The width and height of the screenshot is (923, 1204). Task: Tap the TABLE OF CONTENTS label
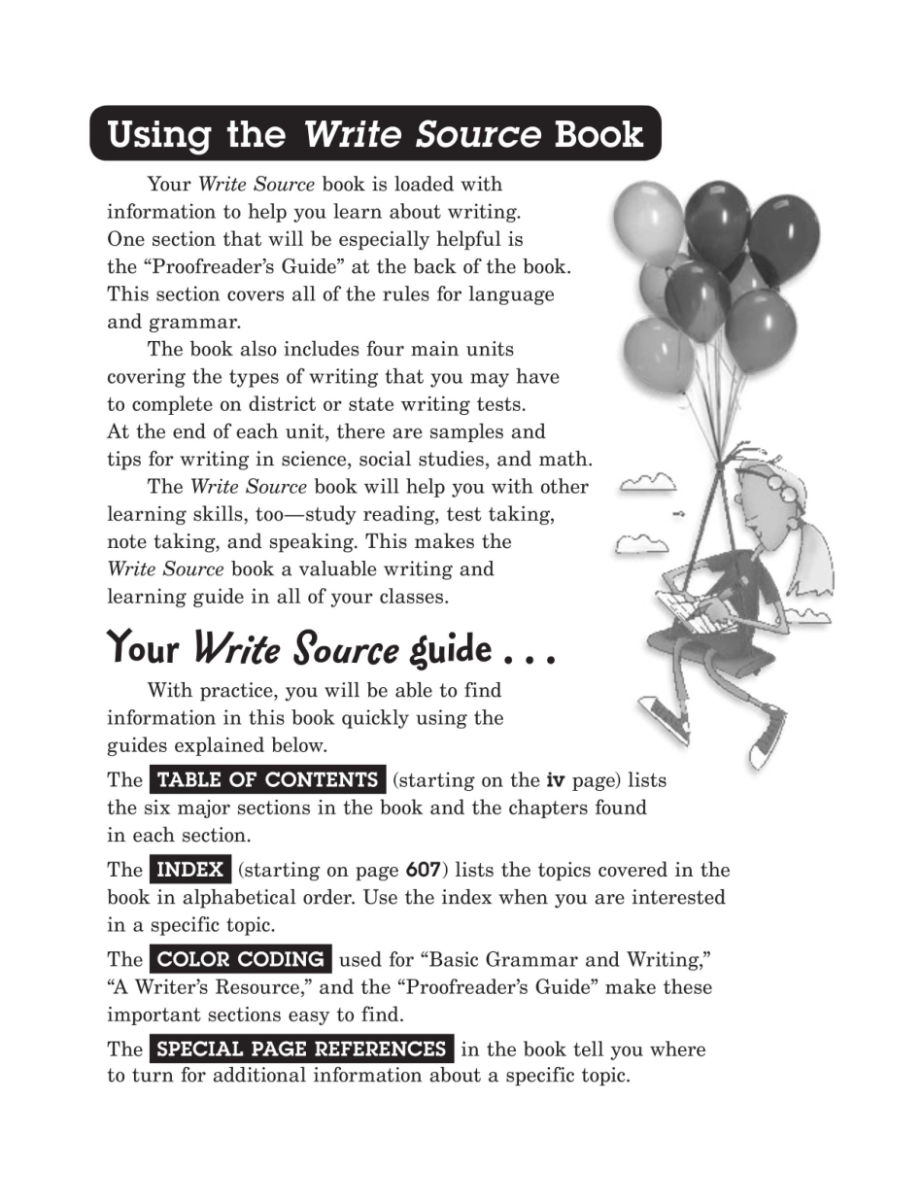click(x=267, y=780)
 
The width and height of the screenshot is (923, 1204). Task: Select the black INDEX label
click(x=190, y=870)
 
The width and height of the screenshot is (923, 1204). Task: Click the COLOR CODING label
click(x=240, y=960)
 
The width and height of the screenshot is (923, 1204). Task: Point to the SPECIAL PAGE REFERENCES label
click(x=301, y=1049)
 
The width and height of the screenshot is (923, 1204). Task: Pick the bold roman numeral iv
click(x=556, y=780)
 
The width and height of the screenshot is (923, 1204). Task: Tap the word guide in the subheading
click(x=450, y=648)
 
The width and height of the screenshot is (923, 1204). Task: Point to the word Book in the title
click(x=598, y=134)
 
